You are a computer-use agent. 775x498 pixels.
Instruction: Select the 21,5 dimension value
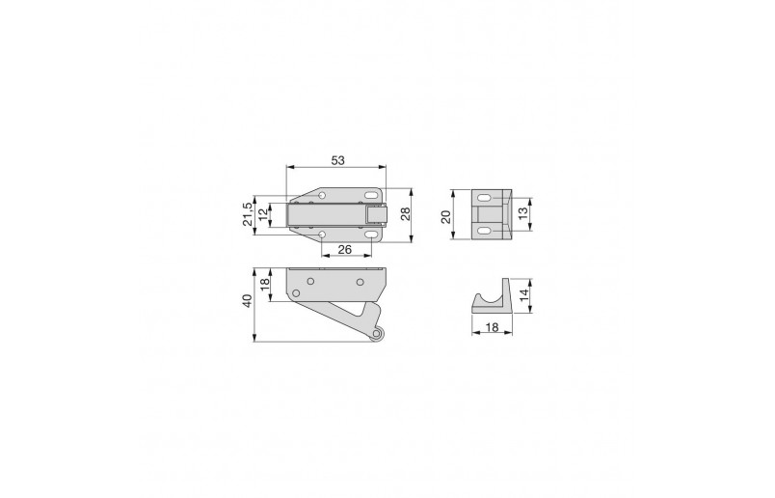[247, 214]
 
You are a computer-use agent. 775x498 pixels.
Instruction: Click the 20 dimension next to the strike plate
[446, 216]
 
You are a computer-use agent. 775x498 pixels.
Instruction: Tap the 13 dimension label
[523, 214]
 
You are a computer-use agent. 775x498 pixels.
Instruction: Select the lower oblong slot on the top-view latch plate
[371, 234]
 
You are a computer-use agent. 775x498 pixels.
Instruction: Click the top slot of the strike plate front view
[484, 198]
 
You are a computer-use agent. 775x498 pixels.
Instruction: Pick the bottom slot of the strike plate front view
[484, 232]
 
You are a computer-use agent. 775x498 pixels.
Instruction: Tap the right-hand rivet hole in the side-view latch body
[360, 282]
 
